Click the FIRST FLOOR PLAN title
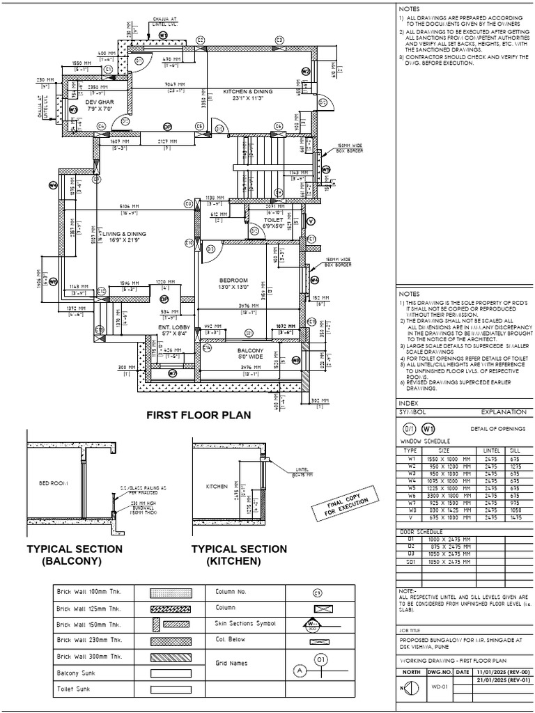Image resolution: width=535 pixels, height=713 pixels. (198, 416)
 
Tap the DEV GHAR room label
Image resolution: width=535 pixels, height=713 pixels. (100, 105)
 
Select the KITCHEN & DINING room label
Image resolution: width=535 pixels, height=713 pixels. (247, 95)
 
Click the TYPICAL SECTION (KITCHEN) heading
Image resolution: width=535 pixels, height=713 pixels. (239, 554)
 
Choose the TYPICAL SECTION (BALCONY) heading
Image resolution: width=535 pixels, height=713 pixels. (74, 554)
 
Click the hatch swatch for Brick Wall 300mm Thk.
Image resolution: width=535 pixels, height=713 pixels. (171, 657)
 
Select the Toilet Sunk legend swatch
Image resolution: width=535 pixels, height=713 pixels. (171, 689)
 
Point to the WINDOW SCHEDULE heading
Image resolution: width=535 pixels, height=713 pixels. (424, 441)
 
